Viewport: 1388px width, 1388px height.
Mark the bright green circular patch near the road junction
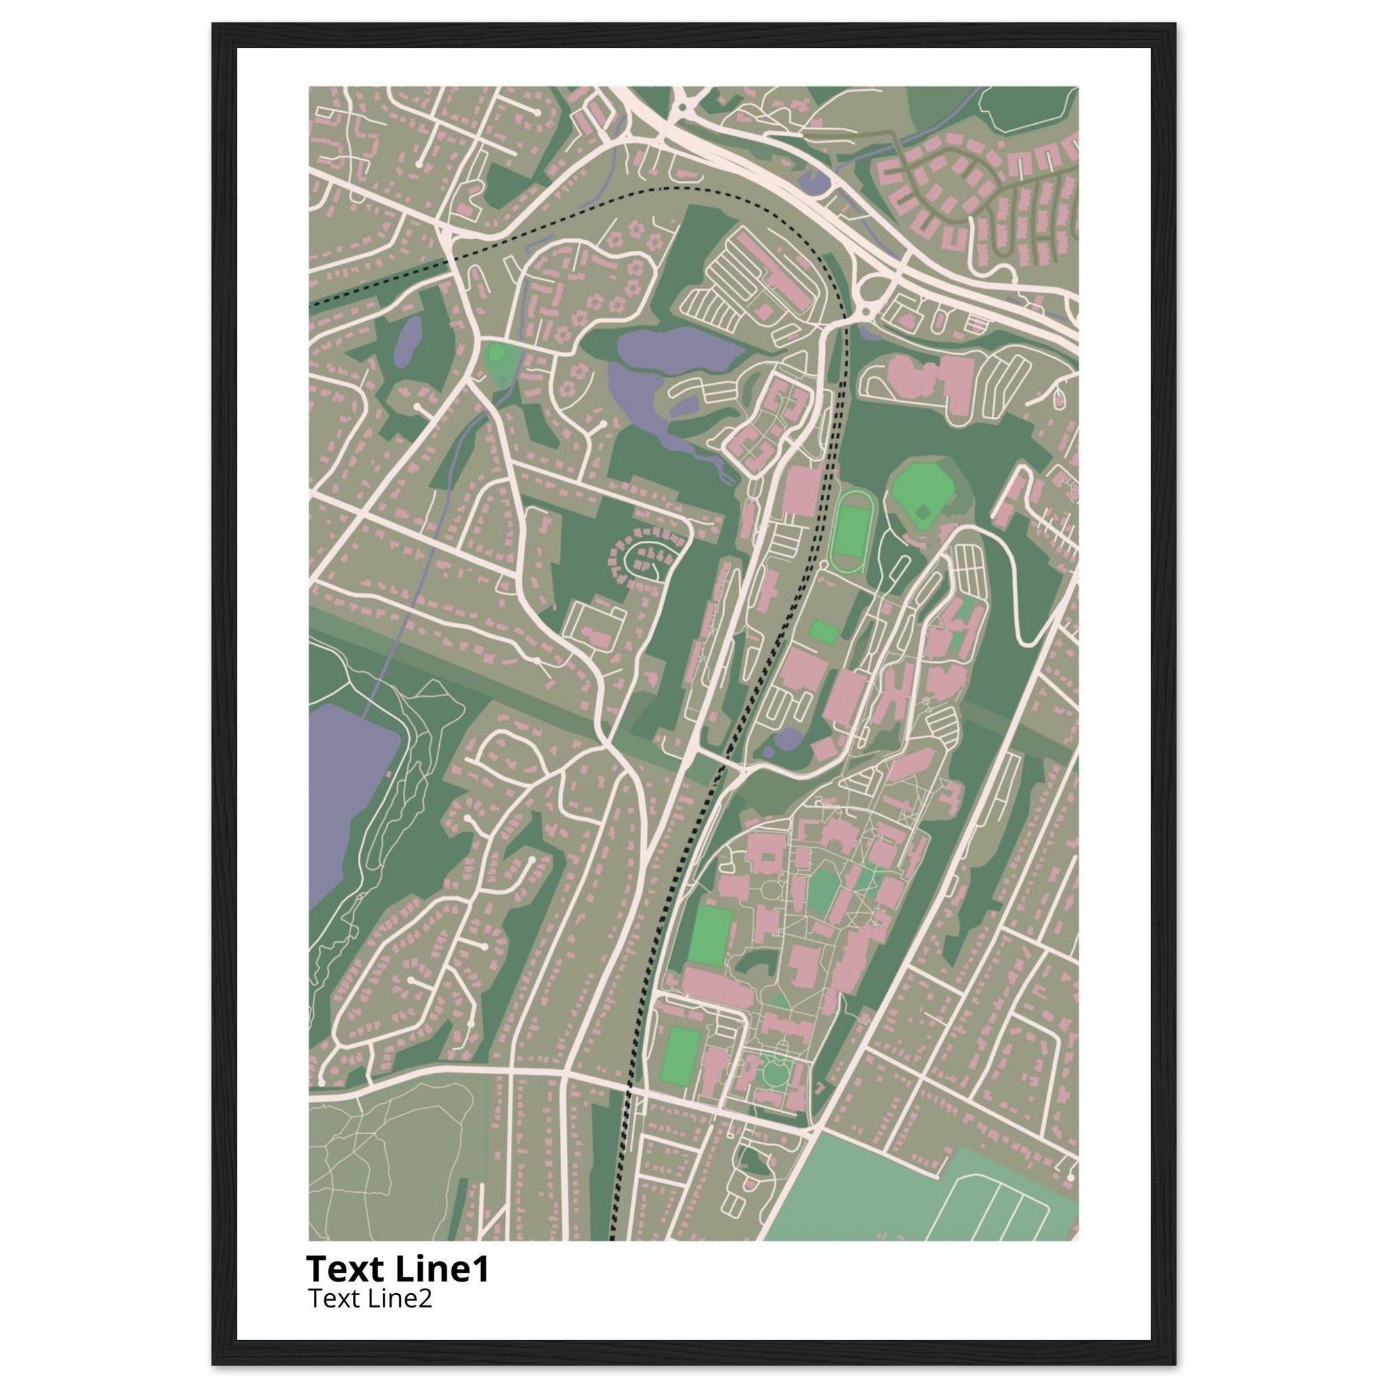[495, 352]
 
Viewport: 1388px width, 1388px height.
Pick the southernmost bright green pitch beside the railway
[678, 1069]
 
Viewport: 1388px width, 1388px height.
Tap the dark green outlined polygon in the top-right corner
[1024, 108]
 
